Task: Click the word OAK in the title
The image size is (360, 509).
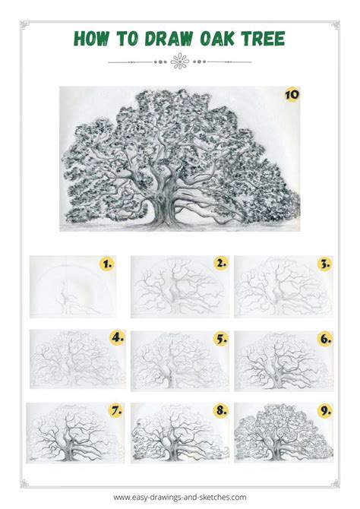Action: click(x=217, y=39)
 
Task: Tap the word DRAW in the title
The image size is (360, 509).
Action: click(x=169, y=39)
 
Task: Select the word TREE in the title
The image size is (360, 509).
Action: click(x=263, y=39)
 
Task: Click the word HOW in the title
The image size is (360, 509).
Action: click(x=92, y=39)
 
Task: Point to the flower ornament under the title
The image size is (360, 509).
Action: click(x=180, y=62)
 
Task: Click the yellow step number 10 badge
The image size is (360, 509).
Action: click(x=292, y=95)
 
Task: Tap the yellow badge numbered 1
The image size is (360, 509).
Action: click(x=107, y=264)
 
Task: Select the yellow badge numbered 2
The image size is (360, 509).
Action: click(x=221, y=264)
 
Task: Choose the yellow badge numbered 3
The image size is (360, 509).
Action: click(x=324, y=264)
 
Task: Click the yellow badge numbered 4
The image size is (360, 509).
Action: click(x=117, y=338)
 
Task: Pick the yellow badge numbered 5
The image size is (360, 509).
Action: click(x=221, y=340)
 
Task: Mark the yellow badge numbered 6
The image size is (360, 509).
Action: click(x=325, y=339)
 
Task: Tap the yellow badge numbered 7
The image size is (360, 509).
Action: click(x=116, y=411)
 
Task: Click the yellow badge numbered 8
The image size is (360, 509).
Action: click(x=221, y=410)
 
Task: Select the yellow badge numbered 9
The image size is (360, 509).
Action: click(x=324, y=411)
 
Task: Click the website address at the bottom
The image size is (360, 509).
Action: click(x=180, y=497)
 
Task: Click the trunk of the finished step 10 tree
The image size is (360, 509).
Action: click(x=165, y=207)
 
